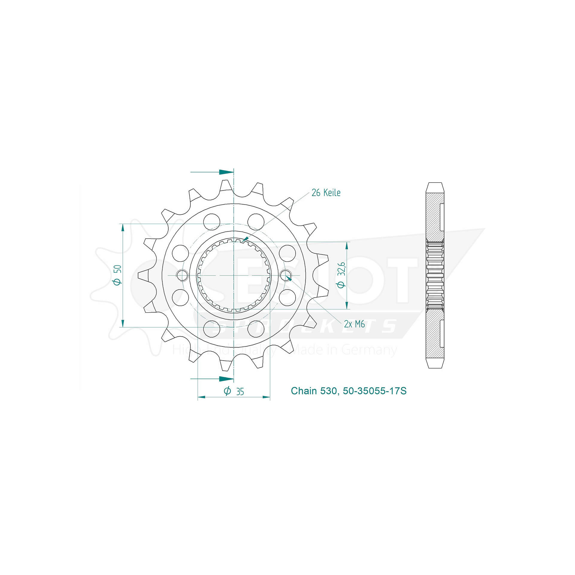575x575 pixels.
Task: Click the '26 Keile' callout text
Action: click(326, 193)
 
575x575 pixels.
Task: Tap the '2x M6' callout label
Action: click(354, 324)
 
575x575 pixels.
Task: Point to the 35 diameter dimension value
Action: click(240, 392)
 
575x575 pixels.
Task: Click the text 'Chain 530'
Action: click(314, 391)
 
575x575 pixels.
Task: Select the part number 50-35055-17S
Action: click(375, 391)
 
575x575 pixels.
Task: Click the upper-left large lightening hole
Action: click(211, 222)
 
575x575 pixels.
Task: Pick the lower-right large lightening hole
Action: click(256, 328)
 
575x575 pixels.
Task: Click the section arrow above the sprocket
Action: click(226, 172)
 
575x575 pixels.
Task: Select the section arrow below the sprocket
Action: click(226, 379)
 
